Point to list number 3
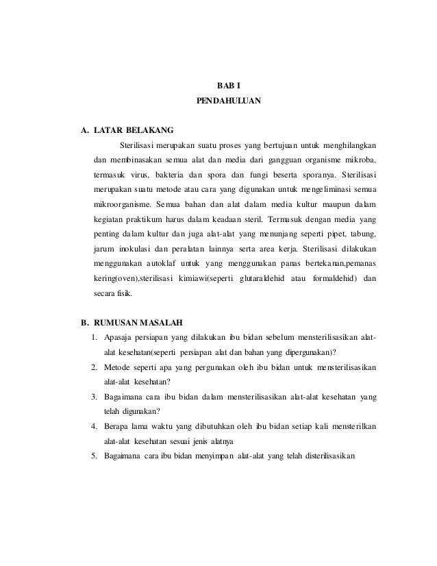coord(92,397)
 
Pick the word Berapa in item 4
coord(116,427)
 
